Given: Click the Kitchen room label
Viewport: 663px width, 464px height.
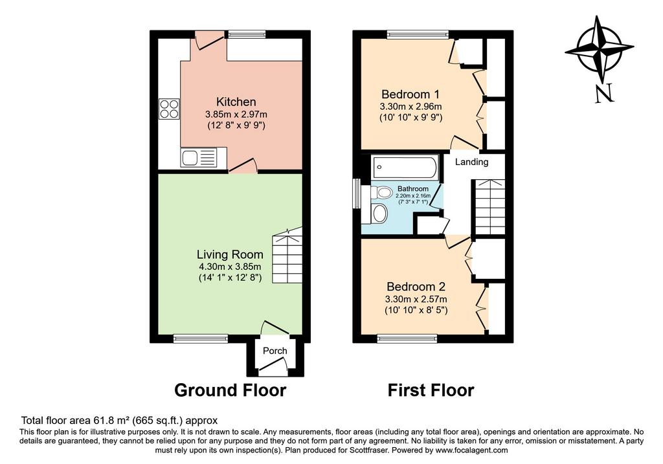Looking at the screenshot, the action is click(236, 102).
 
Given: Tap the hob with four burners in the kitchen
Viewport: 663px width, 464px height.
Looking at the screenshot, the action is click(169, 109).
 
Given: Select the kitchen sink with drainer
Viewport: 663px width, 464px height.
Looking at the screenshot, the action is click(198, 157).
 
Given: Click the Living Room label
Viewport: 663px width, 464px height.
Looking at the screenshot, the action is click(230, 254).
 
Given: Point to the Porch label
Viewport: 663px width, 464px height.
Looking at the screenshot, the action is click(275, 351).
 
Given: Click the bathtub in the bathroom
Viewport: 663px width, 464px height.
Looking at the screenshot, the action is click(405, 166).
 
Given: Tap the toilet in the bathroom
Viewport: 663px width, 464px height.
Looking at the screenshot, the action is click(381, 193).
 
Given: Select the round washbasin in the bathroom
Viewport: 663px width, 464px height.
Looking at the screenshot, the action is click(380, 213).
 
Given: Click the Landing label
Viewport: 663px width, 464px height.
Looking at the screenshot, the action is click(471, 162).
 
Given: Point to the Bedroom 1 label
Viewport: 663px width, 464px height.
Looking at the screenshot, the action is click(410, 94).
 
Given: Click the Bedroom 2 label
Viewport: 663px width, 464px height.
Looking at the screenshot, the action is click(416, 287).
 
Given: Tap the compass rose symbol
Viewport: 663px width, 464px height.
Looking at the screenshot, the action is click(599, 49).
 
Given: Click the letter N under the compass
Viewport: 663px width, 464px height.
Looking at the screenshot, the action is click(604, 94).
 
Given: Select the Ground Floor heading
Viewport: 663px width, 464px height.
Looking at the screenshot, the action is click(230, 390).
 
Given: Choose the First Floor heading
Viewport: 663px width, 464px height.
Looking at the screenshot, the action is click(431, 390).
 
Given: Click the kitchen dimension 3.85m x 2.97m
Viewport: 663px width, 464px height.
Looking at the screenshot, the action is click(236, 114).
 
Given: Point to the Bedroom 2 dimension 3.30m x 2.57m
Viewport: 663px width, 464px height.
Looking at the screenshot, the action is click(416, 299).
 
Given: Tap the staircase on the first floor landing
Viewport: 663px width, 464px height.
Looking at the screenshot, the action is click(488, 207).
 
